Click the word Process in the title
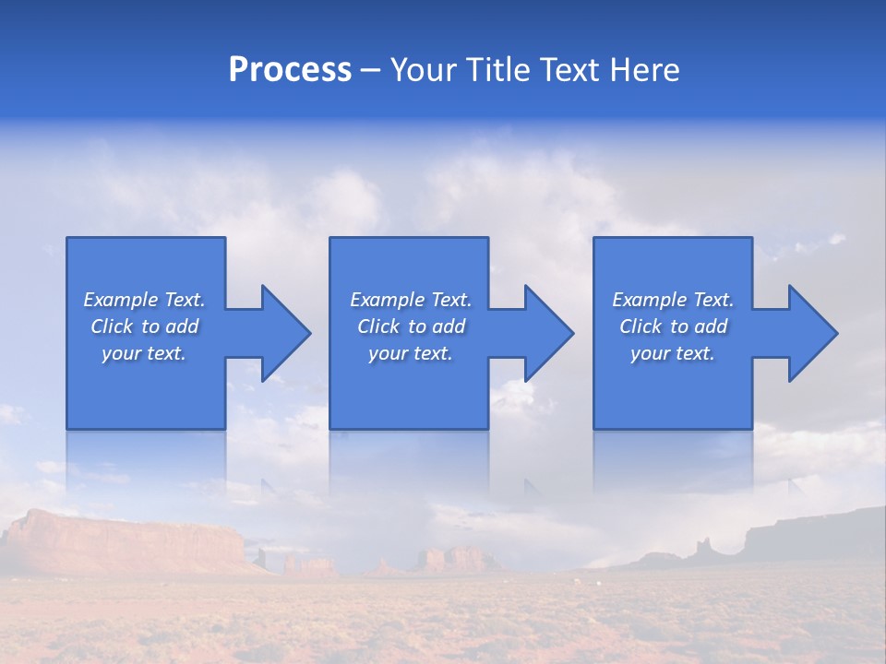(290, 70)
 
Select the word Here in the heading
(645, 70)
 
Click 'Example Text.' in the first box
(144, 300)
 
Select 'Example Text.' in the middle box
(411, 300)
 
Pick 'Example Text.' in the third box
(673, 300)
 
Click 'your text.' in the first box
(144, 353)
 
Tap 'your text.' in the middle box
(411, 353)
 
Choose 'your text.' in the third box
(673, 353)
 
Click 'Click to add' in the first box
(144, 326)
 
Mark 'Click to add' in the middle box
(411, 326)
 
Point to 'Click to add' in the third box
(673, 326)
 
